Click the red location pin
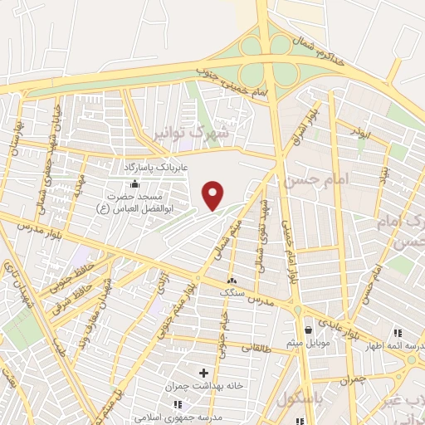coord(213,196)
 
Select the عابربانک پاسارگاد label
coord(163,169)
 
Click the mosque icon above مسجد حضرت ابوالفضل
coord(148,183)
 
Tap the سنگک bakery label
coord(232,293)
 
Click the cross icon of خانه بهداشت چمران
coord(203,374)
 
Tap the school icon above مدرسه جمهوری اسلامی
coord(177,403)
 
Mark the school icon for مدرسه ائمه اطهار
coord(411,359)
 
